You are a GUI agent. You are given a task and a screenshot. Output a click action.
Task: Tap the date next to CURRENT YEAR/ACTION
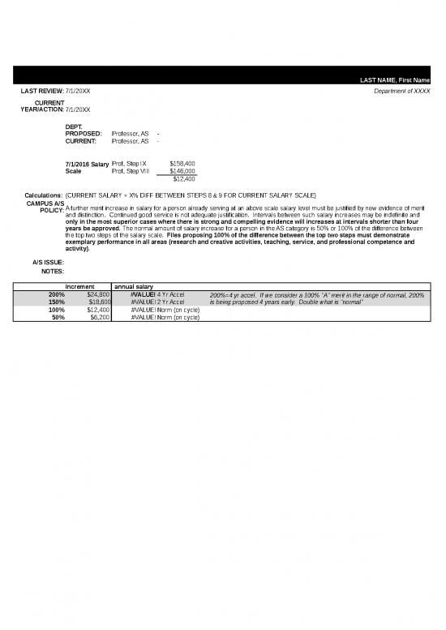[78, 109]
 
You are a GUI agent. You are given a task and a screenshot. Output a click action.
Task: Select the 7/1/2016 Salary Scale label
[86, 168]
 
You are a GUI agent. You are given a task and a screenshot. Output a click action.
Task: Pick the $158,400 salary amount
[182, 164]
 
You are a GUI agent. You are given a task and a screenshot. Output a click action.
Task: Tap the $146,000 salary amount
[182, 171]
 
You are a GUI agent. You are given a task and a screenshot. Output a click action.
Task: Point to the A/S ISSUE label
[48, 262]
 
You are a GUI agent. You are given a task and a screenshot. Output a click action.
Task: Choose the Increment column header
[81, 287]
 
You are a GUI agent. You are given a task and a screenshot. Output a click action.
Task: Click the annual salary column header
[133, 287]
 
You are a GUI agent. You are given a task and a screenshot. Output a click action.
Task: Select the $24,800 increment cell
[99, 294]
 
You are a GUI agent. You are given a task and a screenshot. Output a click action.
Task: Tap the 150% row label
[57, 302]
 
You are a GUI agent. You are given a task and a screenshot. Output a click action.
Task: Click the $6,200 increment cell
[100, 317]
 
